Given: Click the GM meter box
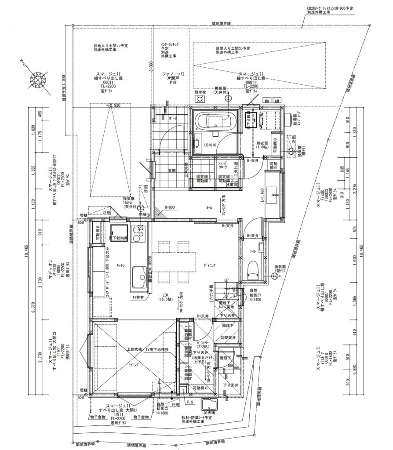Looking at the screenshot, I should [277, 101].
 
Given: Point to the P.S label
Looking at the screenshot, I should [190, 402].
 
